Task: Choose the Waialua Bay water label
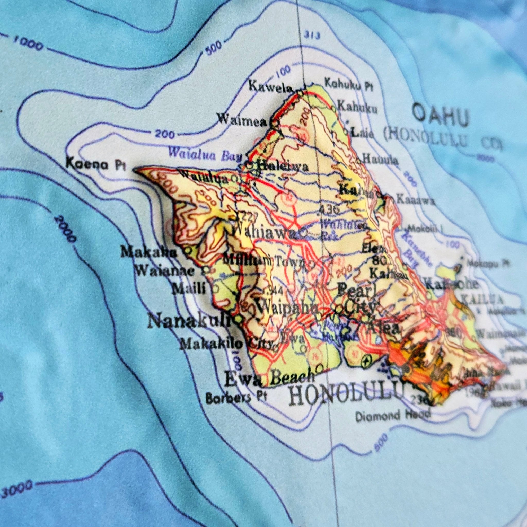coord(205,154)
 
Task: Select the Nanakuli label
coord(188,322)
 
